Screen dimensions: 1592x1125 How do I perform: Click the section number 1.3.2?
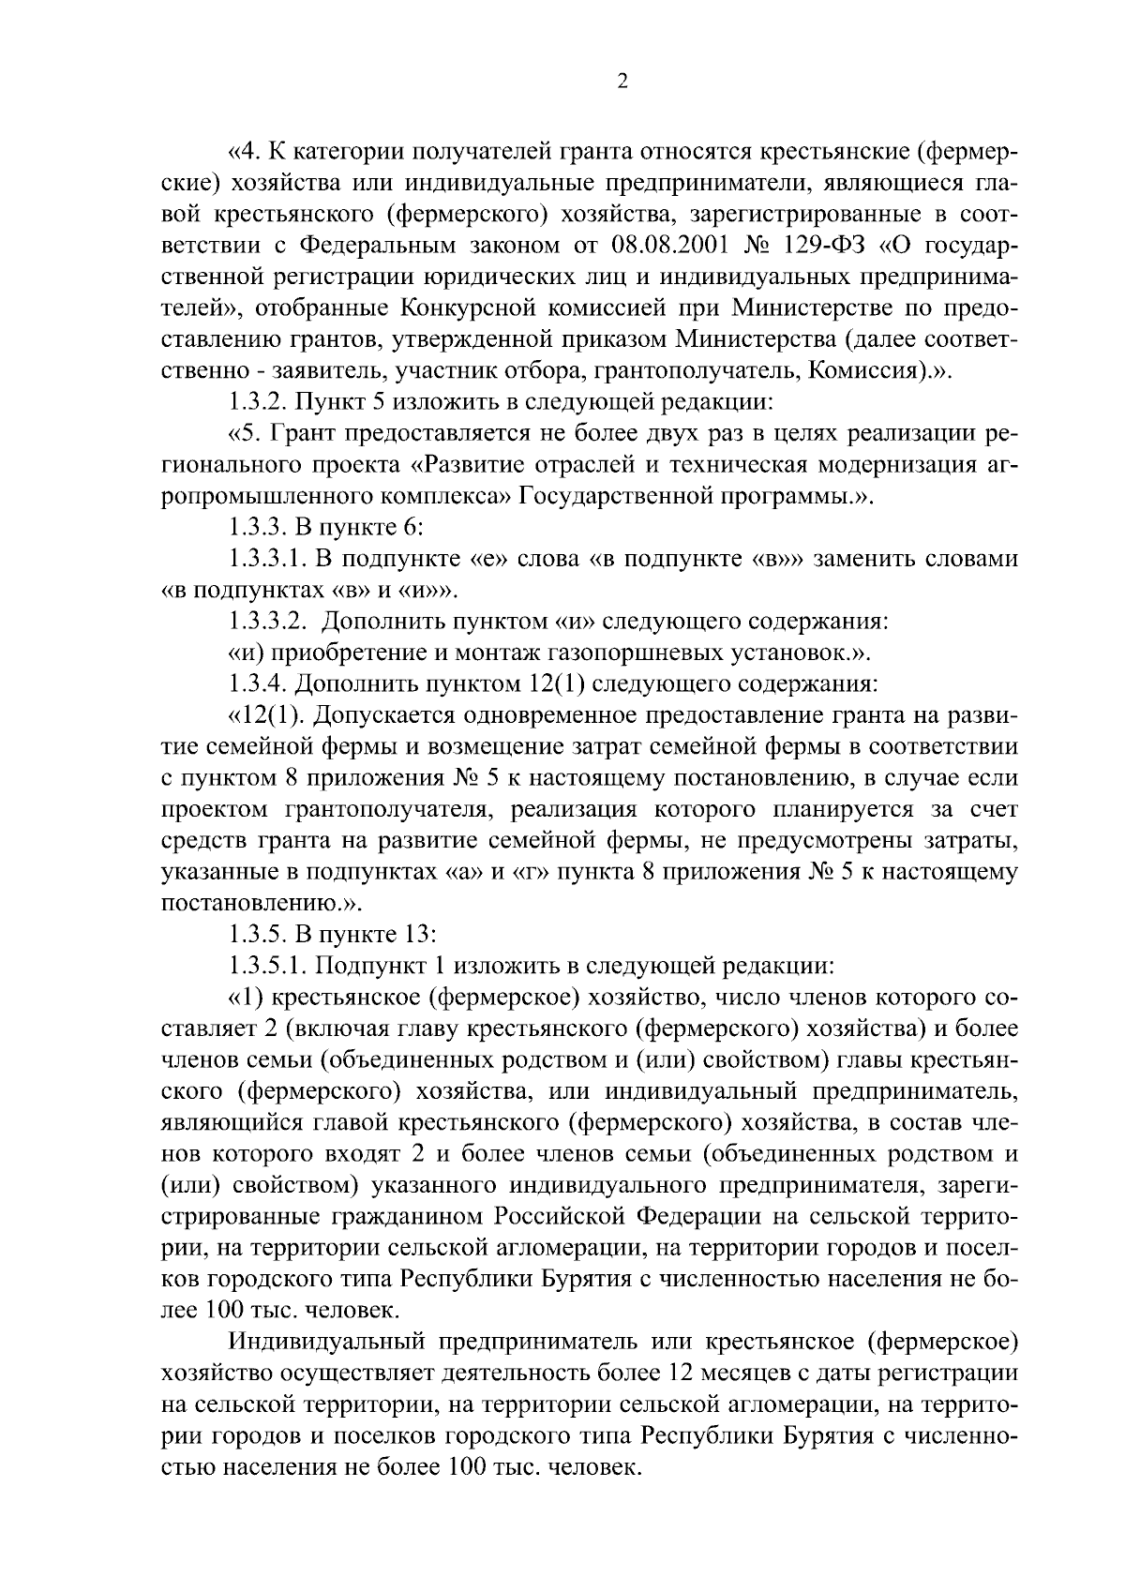click(258, 402)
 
